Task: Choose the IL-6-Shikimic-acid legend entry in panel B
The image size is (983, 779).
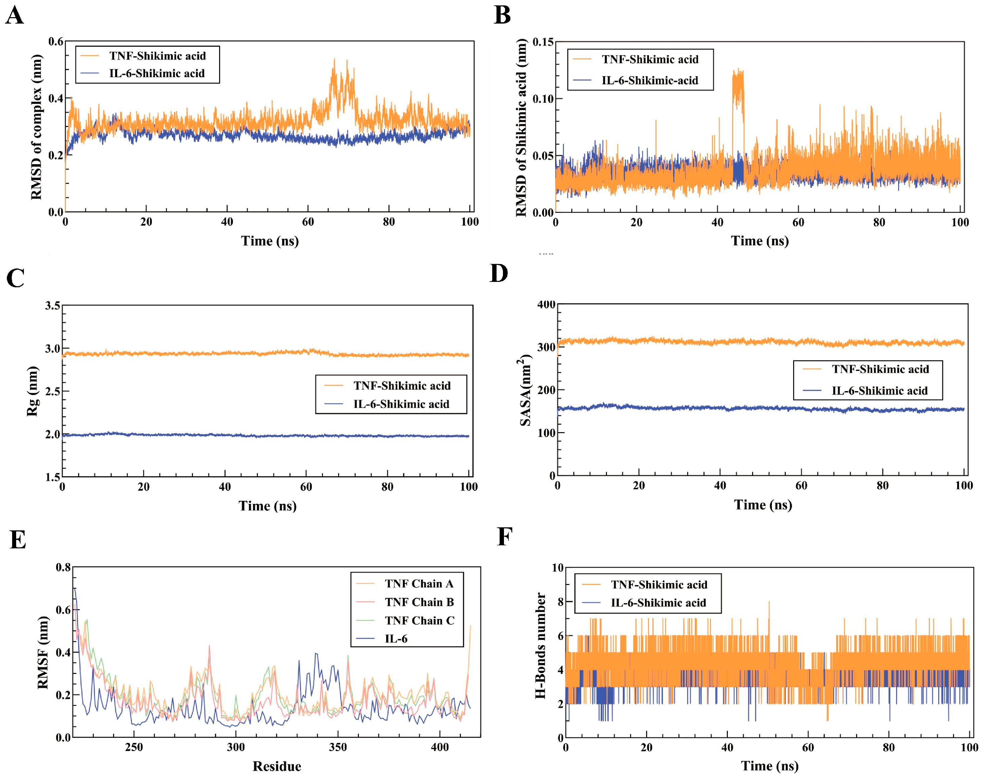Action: [x=649, y=81]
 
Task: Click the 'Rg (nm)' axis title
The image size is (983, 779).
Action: [x=32, y=391]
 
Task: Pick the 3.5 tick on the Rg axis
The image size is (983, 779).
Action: [x=53, y=305]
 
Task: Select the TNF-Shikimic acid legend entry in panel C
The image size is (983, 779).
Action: [x=401, y=386]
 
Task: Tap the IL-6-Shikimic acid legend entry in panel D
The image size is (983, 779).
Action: [x=879, y=391]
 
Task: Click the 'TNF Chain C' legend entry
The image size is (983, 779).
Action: [x=419, y=621]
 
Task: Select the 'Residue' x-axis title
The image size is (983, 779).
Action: [x=277, y=766]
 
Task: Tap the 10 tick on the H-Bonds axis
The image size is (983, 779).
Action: [x=557, y=568]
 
